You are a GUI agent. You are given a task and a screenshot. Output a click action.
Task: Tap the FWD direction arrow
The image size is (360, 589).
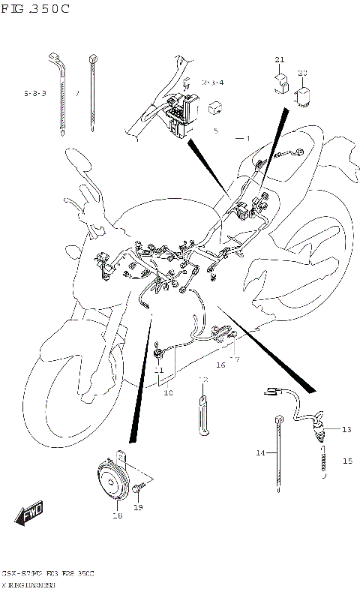pyautogui.click(x=31, y=515)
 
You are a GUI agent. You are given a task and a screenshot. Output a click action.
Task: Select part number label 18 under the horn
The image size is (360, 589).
pyautogui.click(x=117, y=516)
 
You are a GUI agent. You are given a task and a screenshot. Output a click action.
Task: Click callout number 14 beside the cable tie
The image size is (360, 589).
pyautogui.click(x=260, y=453)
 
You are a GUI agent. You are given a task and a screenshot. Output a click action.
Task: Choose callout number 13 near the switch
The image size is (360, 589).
pyautogui.click(x=346, y=429)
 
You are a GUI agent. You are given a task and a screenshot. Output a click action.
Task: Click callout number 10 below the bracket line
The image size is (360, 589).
pyautogui.click(x=167, y=392)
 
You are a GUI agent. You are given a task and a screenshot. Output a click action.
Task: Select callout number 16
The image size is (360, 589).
pyautogui.click(x=220, y=365)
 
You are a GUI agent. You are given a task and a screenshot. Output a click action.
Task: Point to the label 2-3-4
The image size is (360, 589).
pyautogui.click(x=212, y=82)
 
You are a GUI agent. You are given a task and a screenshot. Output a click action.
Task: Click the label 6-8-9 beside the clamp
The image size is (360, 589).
pyautogui.click(x=34, y=94)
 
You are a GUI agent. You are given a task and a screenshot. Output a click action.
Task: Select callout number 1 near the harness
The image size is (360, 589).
pyautogui.click(x=247, y=138)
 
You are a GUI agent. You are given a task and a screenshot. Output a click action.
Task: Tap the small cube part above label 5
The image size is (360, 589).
pyautogui.click(x=214, y=107)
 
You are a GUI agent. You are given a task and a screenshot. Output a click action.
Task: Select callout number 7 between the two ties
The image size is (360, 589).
pyautogui.click(x=76, y=94)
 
